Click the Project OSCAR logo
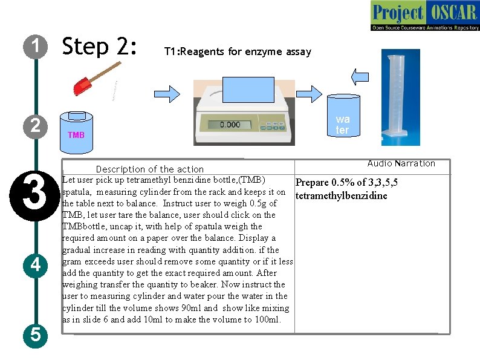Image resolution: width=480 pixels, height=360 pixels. (425, 15)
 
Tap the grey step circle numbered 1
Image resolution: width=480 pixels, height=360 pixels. (36, 47)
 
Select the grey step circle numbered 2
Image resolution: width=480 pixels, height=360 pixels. (36, 126)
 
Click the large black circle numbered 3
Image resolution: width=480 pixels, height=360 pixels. (35, 196)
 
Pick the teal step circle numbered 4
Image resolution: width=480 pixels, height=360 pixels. (36, 266)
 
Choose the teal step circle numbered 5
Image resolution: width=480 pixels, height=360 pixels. (36, 335)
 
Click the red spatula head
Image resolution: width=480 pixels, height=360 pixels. (82, 87)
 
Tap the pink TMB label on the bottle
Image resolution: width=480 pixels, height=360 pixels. (76, 135)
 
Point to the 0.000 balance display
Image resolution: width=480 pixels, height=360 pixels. (230, 125)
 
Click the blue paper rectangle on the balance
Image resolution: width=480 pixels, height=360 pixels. (248, 90)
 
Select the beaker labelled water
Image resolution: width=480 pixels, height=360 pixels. (343, 115)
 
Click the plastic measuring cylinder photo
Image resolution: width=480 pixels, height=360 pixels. (401, 97)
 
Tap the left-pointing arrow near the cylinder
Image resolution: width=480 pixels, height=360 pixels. (360, 77)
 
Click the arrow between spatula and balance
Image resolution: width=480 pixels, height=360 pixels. (167, 94)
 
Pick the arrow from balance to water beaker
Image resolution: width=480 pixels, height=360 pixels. (309, 94)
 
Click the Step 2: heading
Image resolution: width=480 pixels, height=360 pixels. (99, 46)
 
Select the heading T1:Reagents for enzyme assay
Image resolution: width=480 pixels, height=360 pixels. (238, 51)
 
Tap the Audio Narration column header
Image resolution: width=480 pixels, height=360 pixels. (401, 163)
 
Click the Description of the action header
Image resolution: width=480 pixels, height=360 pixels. (150, 169)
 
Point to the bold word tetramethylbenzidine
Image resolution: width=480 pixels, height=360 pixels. (342, 195)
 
